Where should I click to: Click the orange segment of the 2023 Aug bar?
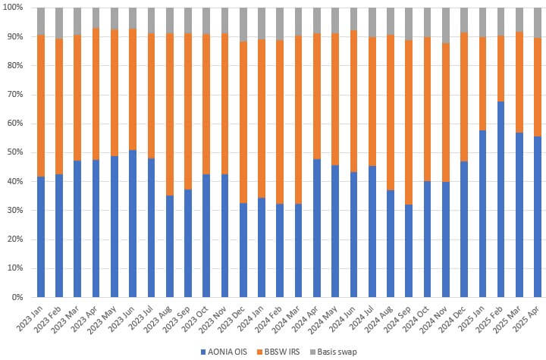click(169, 114)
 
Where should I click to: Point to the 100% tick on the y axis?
click(16, 8)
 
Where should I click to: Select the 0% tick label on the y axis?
click(20, 297)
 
